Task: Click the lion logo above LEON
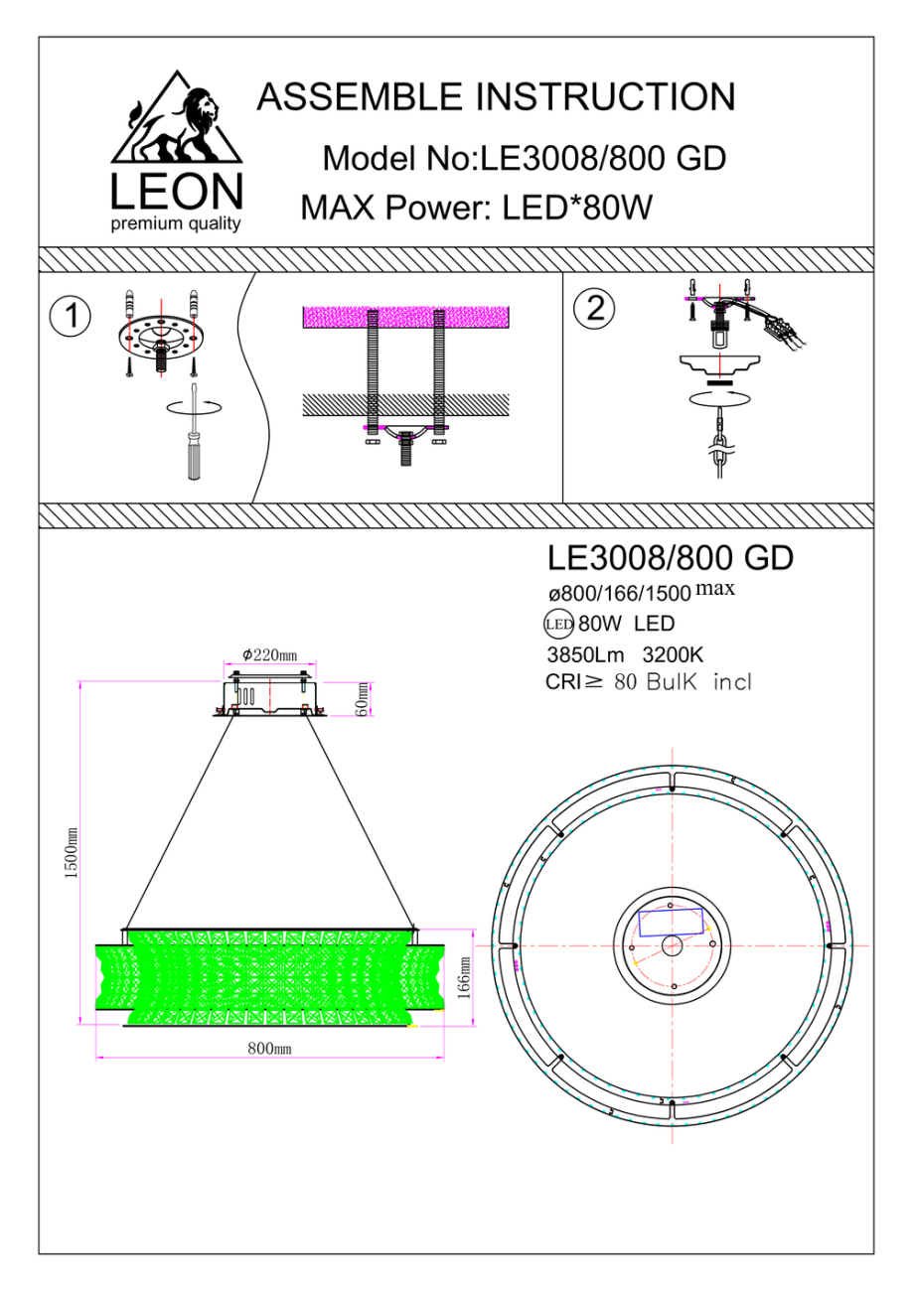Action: pyautogui.click(x=177, y=124)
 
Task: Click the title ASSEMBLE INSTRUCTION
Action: pyautogui.click(x=496, y=97)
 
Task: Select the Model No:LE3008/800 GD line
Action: pyautogui.click(x=525, y=157)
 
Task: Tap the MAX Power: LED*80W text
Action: pyautogui.click(x=476, y=209)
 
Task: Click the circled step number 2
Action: pyautogui.click(x=595, y=308)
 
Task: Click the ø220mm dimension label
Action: pyautogui.click(x=269, y=655)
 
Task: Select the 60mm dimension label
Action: pyautogui.click(x=364, y=697)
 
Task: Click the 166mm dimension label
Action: pyautogui.click(x=463, y=980)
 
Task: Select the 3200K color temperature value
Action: pyautogui.click(x=673, y=654)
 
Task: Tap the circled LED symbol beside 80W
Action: pyautogui.click(x=558, y=625)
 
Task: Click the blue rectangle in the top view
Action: pyautogui.click(x=671, y=921)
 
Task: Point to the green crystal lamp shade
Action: pyautogui.click(x=268, y=978)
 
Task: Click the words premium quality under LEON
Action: pyautogui.click(x=176, y=223)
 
